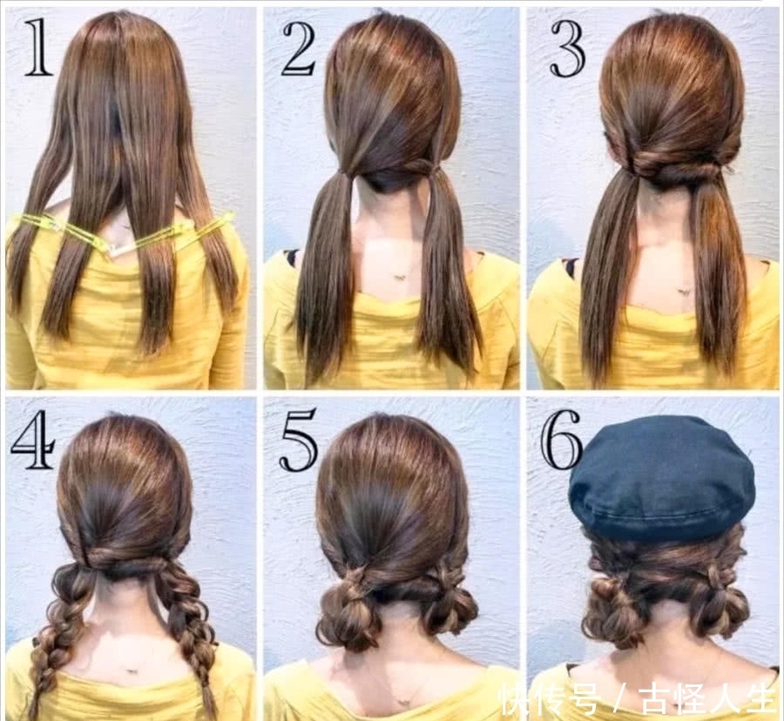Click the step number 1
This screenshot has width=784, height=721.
coord(38,49)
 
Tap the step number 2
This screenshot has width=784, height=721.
coord(300,49)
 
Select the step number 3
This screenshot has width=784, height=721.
coord(567,49)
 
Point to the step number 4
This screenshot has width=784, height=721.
coord(32,440)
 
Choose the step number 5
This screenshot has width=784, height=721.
coord(299,440)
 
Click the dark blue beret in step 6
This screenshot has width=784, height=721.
coord(661,479)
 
